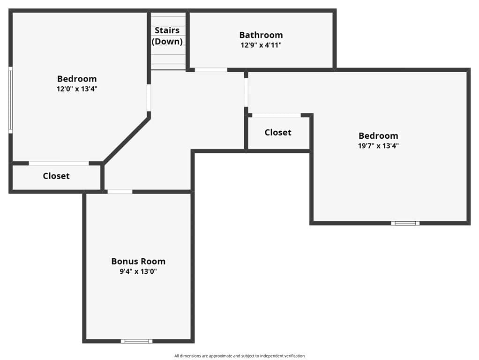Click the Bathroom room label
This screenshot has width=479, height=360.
pos(261,35)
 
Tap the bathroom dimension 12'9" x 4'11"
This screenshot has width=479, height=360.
pos(261,45)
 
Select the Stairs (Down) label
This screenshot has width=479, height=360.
pos(167,36)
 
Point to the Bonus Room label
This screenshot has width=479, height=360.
pos(138,261)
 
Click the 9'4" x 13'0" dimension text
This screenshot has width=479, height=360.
pos(138,271)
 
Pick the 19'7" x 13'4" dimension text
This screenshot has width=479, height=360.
pos(379,145)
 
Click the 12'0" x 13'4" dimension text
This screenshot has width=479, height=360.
pos(77,89)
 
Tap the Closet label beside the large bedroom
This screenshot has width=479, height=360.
pos(278,132)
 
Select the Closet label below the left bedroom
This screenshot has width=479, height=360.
pos(56,176)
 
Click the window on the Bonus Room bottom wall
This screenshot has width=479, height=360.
pos(136,341)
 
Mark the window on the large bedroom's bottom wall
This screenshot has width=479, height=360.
pos(405,223)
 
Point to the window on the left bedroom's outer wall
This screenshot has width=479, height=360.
pos(10,100)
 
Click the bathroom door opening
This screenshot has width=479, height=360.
pos(211,70)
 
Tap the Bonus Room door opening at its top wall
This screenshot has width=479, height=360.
pos(120,192)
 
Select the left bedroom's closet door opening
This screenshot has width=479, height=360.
pos(59,163)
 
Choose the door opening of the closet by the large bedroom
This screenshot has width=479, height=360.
pos(277,115)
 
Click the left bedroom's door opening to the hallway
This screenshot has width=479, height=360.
pos(149,98)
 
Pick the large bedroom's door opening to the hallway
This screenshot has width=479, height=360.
pos(246,93)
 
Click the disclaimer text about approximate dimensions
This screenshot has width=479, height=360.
pos(239,356)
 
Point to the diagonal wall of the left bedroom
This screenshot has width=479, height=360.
pos(127,140)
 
